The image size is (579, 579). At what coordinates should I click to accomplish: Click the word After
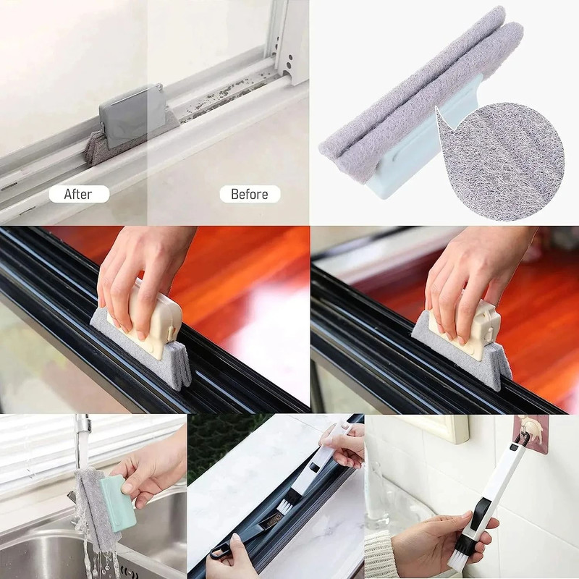click(x=78, y=194)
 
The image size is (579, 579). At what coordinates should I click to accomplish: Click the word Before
click(x=249, y=194)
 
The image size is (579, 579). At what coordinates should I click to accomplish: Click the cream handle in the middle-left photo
click(x=145, y=318)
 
